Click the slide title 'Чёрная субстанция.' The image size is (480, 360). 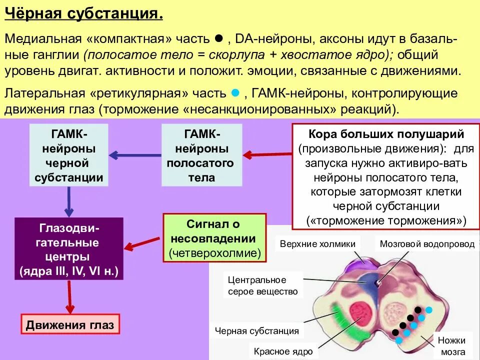pos(83,13)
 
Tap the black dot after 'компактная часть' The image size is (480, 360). pos(218,38)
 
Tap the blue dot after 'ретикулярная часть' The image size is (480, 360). pos(236,93)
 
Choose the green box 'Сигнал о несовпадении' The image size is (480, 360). pos(215,238)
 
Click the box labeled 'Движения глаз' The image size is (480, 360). pos(70,325)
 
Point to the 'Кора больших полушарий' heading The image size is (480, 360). pos(386,134)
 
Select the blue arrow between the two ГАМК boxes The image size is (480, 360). pos(135,155)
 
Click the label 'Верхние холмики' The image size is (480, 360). pos(317,244)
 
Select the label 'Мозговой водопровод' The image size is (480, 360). pos(427,244)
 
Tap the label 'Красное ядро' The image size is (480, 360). pos(283,351)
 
